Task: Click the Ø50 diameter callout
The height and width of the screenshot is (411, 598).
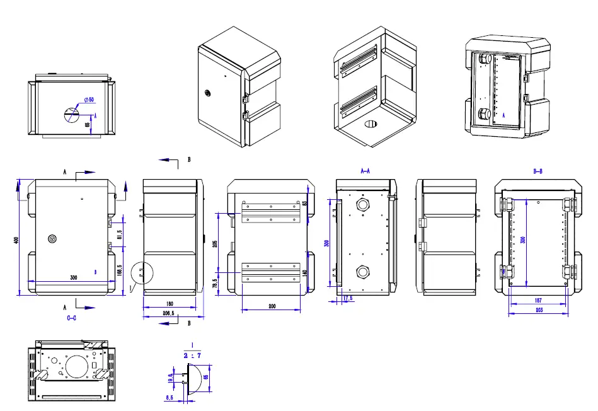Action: (x=88, y=100)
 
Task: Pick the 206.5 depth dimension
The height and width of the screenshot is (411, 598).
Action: (x=170, y=312)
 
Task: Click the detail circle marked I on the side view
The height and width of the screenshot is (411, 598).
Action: (x=142, y=273)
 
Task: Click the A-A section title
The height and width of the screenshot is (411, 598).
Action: (x=365, y=171)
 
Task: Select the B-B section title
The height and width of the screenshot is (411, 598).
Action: (x=539, y=171)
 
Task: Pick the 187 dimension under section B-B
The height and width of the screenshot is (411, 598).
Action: (x=539, y=301)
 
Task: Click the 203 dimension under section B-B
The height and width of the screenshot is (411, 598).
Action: (x=539, y=311)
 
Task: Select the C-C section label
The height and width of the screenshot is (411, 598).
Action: (x=72, y=318)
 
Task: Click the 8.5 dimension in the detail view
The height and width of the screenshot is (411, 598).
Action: (x=169, y=398)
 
